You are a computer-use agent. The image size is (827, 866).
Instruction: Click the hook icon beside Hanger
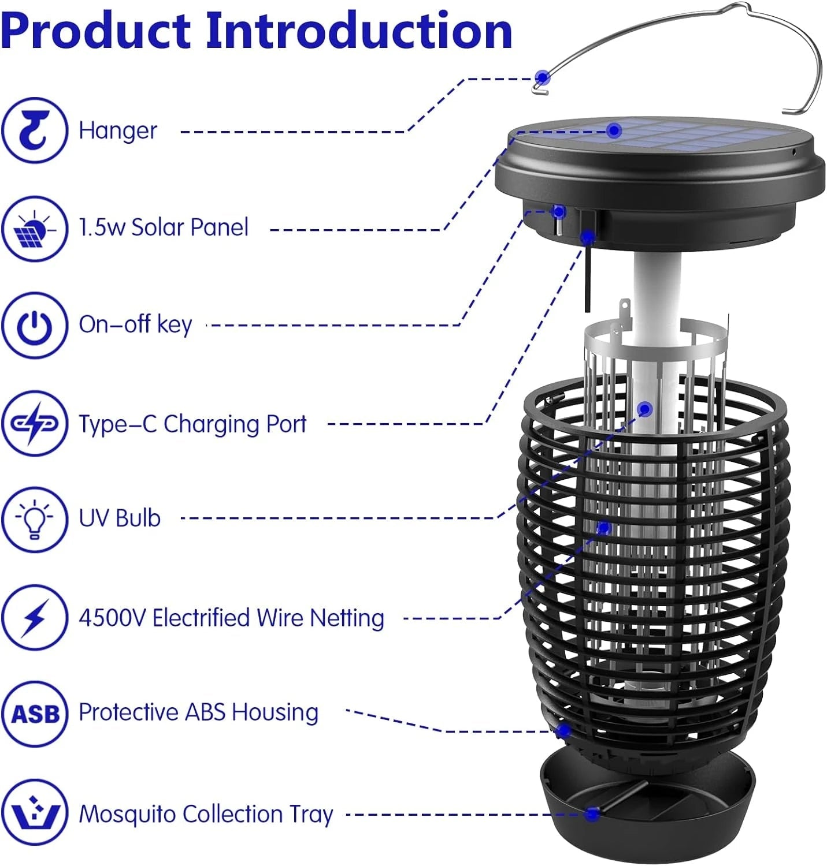coord(34,130)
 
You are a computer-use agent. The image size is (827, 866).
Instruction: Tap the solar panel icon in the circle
coord(34,229)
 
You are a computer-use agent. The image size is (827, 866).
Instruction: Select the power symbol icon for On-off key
coord(34,326)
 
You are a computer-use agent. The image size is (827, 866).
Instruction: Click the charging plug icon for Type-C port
coord(34,423)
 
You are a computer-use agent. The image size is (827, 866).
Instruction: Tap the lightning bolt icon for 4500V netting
coord(34,617)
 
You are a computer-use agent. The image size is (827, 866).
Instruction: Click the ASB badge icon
coord(34,714)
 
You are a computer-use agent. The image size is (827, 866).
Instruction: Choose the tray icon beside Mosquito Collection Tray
coord(34,812)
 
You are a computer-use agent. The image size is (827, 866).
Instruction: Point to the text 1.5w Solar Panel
coord(164,227)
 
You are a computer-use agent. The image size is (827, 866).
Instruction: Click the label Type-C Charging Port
coord(192,424)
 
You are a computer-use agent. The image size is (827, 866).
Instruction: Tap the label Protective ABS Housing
coord(198,712)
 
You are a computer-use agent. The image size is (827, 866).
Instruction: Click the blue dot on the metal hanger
coord(542,77)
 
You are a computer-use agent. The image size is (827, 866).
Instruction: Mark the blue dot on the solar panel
coord(614,130)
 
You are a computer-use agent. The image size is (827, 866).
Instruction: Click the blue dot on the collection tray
coord(591,814)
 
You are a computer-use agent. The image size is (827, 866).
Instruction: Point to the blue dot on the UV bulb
coord(646,409)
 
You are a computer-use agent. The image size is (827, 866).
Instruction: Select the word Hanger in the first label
coord(118,130)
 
